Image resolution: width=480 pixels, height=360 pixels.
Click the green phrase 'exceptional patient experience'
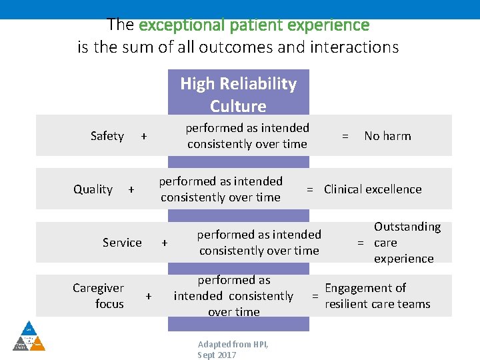pyautogui.click(x=253, y=25)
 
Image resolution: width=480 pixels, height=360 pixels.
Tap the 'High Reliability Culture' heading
pyautogui.click(x=238, y=95)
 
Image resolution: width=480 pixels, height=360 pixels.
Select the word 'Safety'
pyautogui.click(x=107, y=136)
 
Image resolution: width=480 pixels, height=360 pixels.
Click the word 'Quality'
pyautogui.click(x=93, y=189)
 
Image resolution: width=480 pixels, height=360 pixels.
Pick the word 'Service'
pyautogui.click(x=122, y=243)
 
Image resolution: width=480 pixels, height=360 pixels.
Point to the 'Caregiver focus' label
pyautogui.click(x=99, y=296)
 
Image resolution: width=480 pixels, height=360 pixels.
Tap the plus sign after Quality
pyautogui.click(x=131, y=189)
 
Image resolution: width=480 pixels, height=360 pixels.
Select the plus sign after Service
pyautogui.click(x=165, y=243)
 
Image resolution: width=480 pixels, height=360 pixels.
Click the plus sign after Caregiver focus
pyautogui.click(x=149, y=296)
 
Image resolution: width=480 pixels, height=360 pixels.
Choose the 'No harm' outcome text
pyautogui.click(x=387, y=136)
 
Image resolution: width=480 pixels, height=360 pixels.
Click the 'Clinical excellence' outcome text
pyautogui.click(x=373, y=189)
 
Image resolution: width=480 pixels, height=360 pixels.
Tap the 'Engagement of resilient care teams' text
pyautogui.click(x=377, y=296)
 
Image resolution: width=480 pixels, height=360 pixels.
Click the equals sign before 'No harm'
pyautogui.click(x=345, y=136)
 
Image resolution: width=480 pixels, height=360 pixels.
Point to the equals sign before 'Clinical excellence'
pyautogui.click(x=310, y=189)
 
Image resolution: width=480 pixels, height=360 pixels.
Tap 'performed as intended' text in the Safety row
pyautogui.click(x=247, y=128)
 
